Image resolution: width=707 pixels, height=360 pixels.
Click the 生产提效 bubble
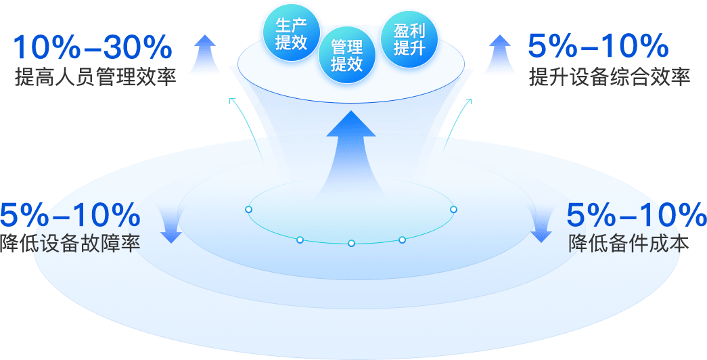pos(291,34)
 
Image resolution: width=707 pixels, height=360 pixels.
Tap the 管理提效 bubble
pos(347,55)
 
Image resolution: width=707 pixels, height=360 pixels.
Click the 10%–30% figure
pos(93,47)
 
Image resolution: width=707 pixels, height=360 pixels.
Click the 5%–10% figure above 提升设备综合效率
pos(598,47)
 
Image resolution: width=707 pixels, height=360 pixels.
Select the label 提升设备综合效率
pos(610,77)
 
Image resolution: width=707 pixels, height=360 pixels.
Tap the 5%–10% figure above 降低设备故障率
pos(70,215)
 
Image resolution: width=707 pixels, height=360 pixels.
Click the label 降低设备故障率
pos(70,243)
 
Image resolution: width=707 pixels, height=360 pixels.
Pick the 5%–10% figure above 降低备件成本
pos(636,215)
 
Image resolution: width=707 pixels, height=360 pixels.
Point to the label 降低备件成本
pos(629,243)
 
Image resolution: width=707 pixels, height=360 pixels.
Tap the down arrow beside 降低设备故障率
pos(171,224)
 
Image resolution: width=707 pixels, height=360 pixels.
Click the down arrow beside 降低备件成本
pos(540,224)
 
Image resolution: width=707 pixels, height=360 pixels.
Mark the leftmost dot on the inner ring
pos(248,210)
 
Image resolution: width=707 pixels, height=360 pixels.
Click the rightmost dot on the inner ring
pos(454,210)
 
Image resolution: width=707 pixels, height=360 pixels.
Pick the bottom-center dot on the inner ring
pos(351,243)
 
